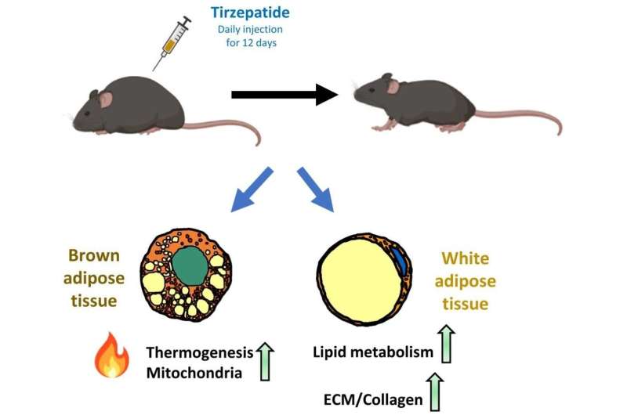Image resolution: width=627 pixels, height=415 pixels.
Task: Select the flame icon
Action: [x=111, y=355]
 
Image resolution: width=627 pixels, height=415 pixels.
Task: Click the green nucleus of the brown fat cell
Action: [x=187, y=271]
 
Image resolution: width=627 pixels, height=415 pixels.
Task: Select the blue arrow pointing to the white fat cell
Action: [x=317, y=189]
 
